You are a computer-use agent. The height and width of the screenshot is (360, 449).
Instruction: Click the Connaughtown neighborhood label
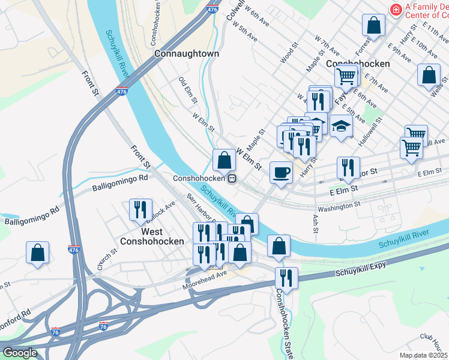click(187, 53)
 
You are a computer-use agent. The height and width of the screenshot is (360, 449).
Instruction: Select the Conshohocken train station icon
click(231, 178)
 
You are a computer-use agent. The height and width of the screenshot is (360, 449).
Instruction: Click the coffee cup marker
click(281, 173)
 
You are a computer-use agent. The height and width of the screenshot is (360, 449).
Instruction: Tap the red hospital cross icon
click(395, 9)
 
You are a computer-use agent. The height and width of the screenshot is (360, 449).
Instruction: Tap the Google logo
click(19, 353)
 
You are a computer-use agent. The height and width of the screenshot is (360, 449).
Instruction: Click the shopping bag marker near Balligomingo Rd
click(37, 253)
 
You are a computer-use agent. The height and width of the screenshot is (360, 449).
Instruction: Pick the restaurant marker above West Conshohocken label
click(140, 209)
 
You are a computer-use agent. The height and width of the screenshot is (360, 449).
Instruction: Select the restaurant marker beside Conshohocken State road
click(286, 278)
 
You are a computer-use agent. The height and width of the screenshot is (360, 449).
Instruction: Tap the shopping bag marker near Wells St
click(430, 76)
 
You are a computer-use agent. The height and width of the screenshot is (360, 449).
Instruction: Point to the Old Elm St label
click(187, 87)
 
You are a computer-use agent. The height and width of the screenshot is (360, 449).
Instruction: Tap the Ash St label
click(316, 224)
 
